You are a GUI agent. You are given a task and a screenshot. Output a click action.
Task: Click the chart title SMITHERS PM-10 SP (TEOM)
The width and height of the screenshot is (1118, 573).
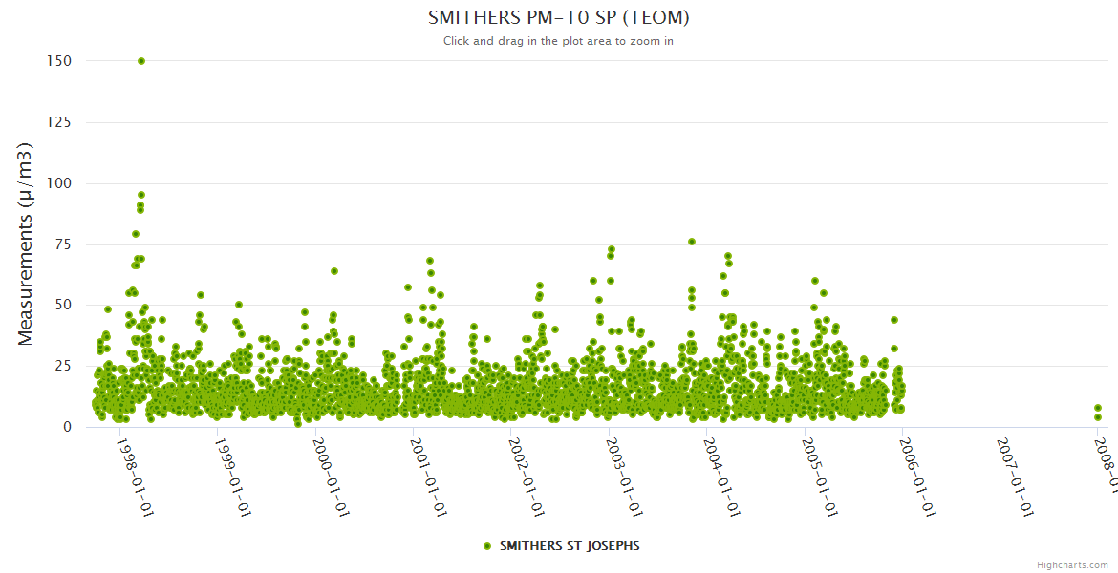(x=559, y=17)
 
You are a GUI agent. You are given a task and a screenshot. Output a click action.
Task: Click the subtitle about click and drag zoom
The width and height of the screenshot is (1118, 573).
(x=559, y=41)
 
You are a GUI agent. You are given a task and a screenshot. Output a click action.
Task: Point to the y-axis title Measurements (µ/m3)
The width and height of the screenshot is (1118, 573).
(x=26, y=244)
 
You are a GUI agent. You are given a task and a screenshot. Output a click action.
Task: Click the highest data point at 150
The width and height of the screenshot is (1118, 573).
(x=141, y=61)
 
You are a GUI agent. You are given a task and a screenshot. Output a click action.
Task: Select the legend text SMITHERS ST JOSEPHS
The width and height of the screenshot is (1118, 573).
(x=570, y=546)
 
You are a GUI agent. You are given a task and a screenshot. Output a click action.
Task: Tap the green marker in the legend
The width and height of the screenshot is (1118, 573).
(x=487, y=546)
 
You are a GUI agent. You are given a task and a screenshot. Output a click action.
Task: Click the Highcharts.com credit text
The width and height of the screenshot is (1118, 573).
(x=1072, y=564)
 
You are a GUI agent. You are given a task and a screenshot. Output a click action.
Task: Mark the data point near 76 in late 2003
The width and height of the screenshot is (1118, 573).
(x=692, y=242)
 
